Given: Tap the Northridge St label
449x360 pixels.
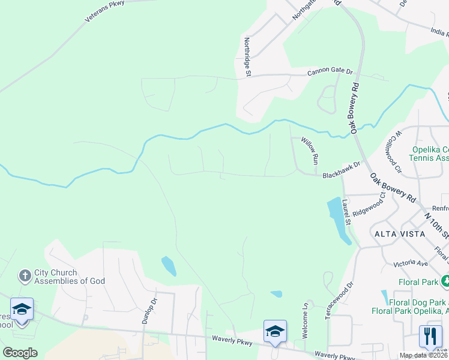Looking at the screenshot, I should click(x=247, y=57).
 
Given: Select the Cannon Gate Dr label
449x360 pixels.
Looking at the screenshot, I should click(x=330, y=71).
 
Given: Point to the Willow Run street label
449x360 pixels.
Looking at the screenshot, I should click(x=310, y=151).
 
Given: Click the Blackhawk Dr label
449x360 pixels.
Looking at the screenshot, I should click(x=341, y=170).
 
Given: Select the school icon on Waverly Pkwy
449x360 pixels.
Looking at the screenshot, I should click(x=275, y=331).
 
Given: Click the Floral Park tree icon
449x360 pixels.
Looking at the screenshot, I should click(x=445, y=281).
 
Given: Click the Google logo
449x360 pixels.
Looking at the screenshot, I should click(x=20, y=353).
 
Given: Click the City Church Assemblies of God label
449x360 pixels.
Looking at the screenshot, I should click(x=70, y=277).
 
